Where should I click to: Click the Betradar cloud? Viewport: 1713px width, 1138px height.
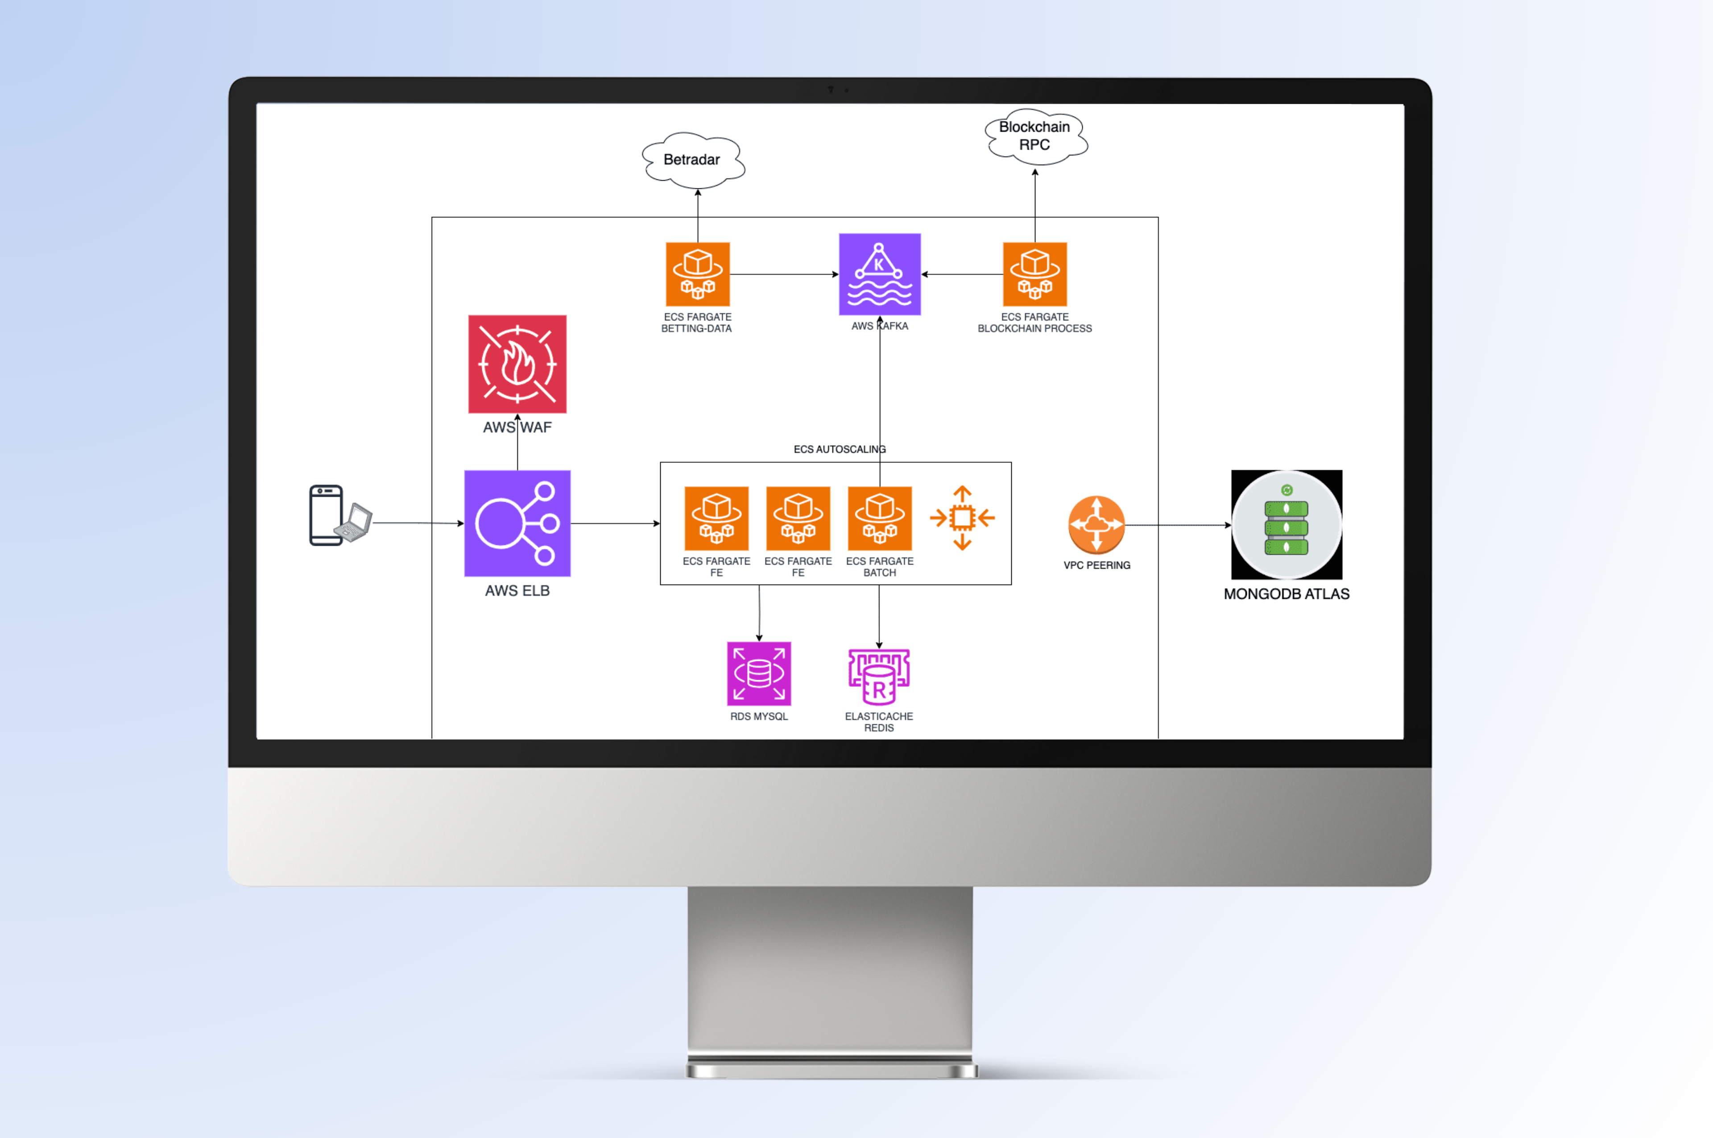(693, 160)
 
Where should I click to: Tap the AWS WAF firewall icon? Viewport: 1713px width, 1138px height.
(517, 364)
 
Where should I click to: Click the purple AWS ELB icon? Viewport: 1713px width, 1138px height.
(517, 523)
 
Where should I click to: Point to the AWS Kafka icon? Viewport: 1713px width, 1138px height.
(879, 274)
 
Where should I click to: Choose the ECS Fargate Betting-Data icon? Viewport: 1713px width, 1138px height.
(697, 274)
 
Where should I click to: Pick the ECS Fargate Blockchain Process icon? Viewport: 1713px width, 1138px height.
(1034, 274)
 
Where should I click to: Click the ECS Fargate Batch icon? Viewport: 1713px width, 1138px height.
(879, 518)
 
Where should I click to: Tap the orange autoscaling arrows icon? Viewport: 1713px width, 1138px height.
(962, 518)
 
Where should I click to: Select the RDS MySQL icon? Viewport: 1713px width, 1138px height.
(759, 673)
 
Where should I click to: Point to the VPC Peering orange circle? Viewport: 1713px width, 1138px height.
(1096, 524)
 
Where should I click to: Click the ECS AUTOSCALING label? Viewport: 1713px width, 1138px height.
(840, 449)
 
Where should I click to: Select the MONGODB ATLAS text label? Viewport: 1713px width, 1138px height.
(1287, 594)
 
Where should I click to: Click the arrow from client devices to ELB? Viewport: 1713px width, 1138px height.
(417, 523)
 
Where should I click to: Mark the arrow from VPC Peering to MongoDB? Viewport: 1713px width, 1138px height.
(1177, 525)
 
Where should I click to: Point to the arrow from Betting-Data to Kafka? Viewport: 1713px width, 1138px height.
(784, 274)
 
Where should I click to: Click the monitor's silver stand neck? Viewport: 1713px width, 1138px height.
(830, 972)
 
